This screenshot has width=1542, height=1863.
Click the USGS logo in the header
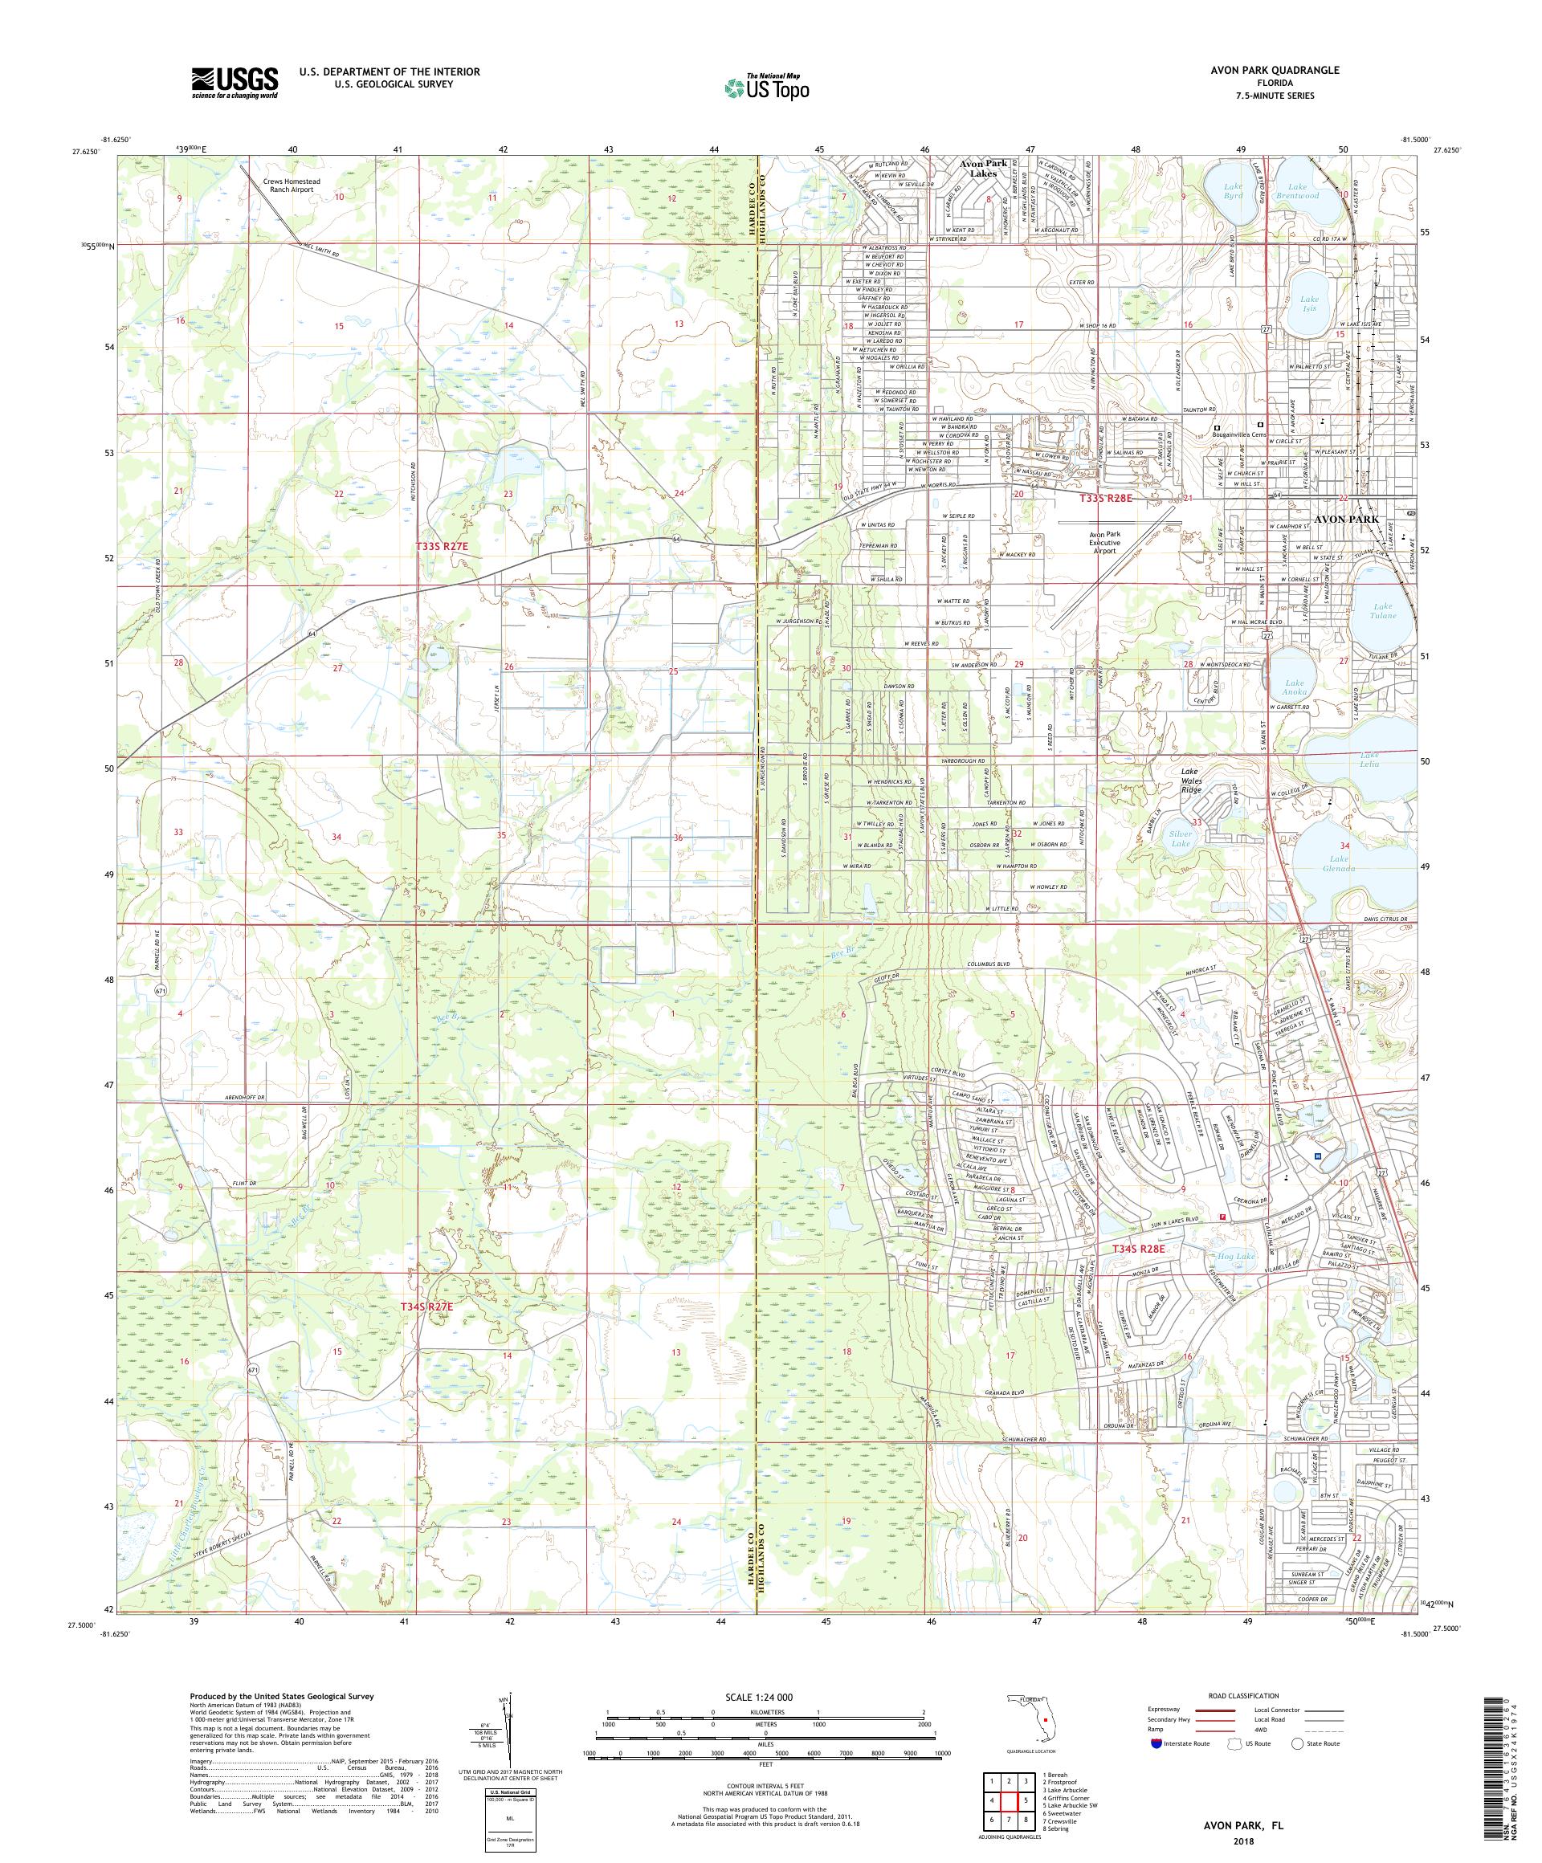coord(235,83)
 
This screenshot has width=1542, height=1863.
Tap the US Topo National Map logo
coord(766,86)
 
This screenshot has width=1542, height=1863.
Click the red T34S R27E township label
coord(426,1307)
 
